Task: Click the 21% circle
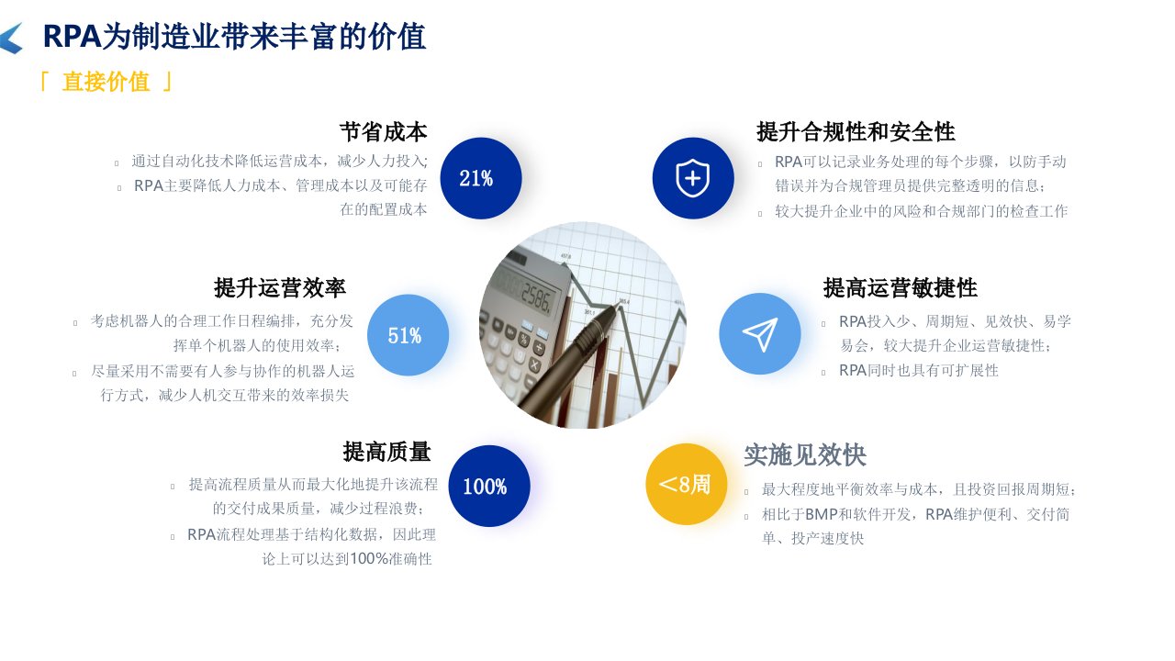point(480,178)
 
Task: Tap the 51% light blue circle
point(408,335)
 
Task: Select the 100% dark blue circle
point(489,486)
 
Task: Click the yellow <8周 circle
point(686,484)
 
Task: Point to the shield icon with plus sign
point(693,178)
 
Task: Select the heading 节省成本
point(384,131)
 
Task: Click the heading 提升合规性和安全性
point(856,131)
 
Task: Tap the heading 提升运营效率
point(280,288)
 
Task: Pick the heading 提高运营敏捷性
point(901,288)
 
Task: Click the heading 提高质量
point(387,452)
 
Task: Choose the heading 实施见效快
point(805,454)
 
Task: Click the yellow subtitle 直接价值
point(106,82)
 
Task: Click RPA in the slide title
point(72,37)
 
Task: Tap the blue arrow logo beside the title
point(12,38)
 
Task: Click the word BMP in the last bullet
point(821,515)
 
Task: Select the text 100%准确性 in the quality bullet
point(391,559)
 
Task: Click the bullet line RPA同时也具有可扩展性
point(919,370)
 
